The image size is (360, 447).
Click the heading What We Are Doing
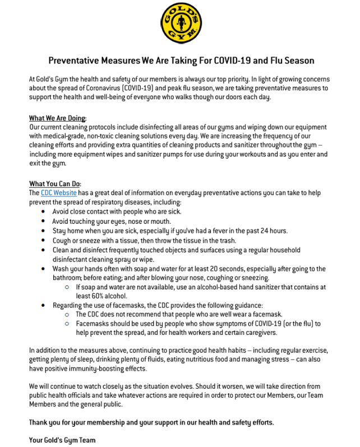pos(58,118)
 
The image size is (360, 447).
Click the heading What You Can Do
pos(56,183)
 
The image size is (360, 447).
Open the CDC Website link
pos(59,193)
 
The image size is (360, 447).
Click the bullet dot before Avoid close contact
pos(44,211)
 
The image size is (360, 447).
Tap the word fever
pos(213,231)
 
